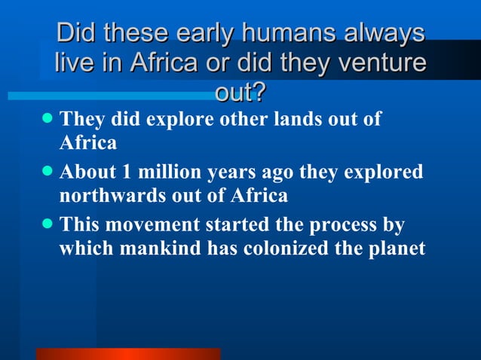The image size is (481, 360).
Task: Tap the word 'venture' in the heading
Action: (379, 63)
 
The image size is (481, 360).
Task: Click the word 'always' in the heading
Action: (386, 34)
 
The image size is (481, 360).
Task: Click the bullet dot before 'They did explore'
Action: (47, 118)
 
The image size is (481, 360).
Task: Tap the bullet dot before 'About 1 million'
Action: (47, 172)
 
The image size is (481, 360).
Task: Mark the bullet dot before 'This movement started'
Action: (47, 224)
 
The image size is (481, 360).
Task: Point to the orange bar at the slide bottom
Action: (127, 353)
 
